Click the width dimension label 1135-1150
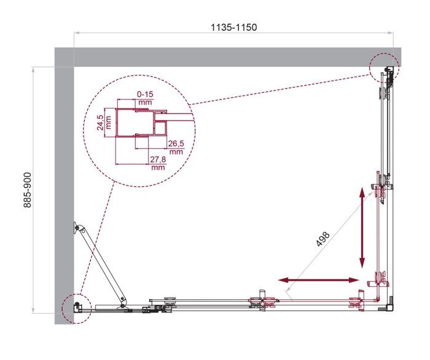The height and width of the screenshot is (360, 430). tap(233, 27)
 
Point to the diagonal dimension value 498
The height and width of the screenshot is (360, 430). tap(324, 238)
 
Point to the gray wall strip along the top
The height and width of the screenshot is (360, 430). tap(227, 57)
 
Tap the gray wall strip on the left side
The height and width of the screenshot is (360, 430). tap(64, 184)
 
